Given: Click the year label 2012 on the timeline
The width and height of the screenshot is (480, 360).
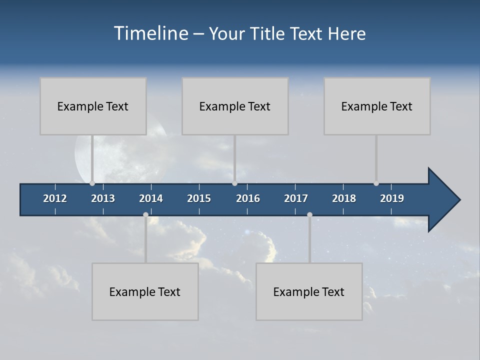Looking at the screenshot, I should point(55,198).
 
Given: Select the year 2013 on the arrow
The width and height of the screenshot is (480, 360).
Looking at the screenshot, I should point(103,198).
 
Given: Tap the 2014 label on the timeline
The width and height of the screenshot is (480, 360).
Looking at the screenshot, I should point(151,198).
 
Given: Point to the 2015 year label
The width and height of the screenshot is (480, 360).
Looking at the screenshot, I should point(199,198).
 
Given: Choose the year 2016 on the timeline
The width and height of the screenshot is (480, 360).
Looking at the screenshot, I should point(248,198).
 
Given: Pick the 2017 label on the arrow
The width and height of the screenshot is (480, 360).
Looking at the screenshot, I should point(296,198).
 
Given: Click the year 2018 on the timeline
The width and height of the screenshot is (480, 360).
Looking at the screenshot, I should point(344,198).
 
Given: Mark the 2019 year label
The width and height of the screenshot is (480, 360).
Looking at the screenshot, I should point(392,198).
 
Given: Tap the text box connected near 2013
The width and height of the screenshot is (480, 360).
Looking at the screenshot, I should point(93,106).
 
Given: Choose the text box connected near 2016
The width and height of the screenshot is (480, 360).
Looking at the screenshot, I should point(235,106).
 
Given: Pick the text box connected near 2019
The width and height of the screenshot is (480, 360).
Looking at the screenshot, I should point(377,106).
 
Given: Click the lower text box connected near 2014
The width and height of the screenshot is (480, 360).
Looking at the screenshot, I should point(145,291).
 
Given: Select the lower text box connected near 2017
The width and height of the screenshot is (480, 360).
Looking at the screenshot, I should point(309,291).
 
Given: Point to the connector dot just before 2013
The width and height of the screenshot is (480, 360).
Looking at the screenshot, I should point(92,183).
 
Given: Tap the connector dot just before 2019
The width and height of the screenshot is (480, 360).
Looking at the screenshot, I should point(376,183).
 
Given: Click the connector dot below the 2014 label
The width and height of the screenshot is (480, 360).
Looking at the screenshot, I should point(145,214).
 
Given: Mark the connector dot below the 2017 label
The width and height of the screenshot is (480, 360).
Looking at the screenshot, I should point(309,214).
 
